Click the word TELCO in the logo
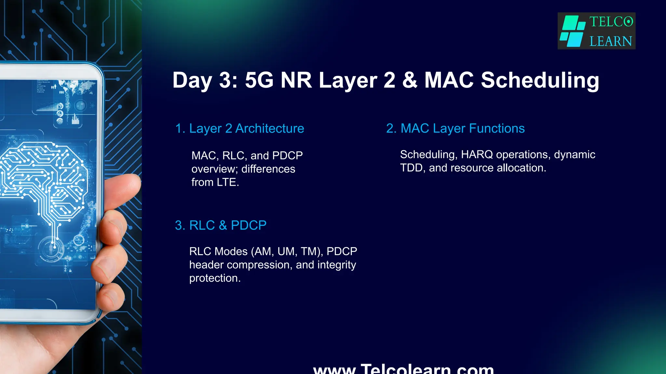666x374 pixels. click(x=611, y=22)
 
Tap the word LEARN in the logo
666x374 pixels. click(x=611, y=41)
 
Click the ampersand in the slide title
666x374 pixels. click(x=410, y=80)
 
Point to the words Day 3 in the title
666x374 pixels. click(x=205, y=80)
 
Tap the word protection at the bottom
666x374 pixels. click(x=215, y=278)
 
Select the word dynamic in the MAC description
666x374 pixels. click(x=575, y=155)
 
